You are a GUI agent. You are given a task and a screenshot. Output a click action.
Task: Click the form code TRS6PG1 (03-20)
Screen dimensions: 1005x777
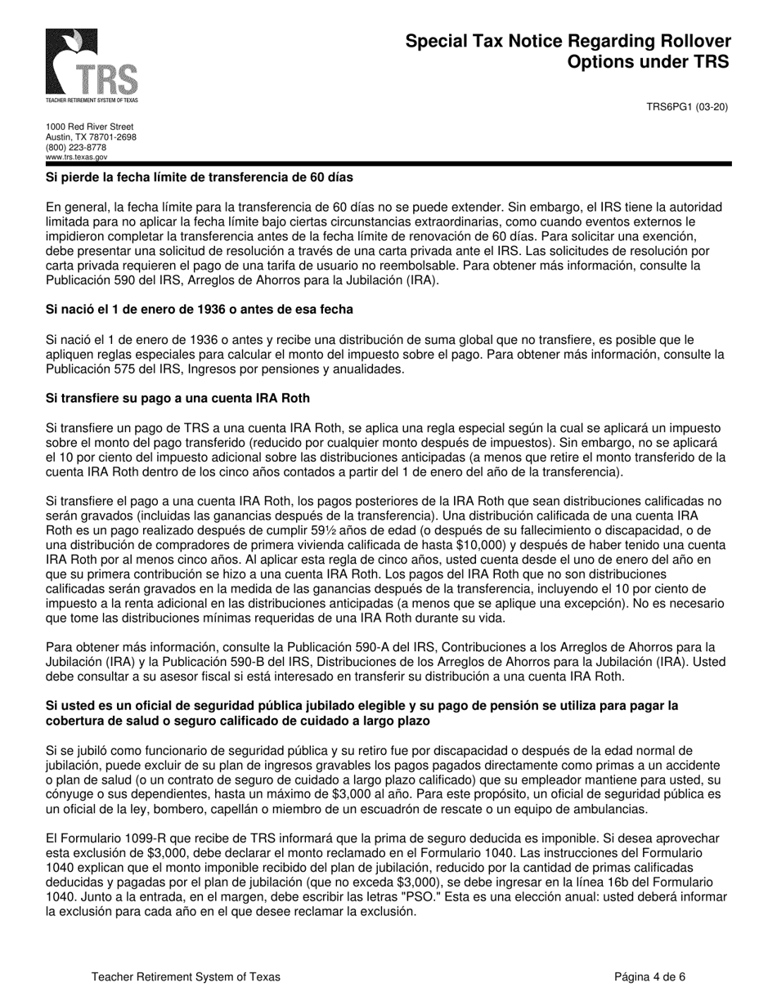pos(687,106)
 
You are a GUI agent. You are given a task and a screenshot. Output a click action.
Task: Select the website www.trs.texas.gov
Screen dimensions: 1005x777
pos(76,157)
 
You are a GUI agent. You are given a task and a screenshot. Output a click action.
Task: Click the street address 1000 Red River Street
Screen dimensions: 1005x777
pos(89,127)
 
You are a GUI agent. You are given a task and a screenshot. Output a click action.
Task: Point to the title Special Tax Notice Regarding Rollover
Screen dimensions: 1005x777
pos(568,42)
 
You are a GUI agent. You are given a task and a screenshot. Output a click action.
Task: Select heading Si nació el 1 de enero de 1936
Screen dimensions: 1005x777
pos(200,310)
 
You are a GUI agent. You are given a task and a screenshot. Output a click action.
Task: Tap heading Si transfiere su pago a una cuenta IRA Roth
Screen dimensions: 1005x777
pos(177,398)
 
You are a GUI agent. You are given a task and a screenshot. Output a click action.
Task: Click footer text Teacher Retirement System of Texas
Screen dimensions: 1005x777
pos(186,976)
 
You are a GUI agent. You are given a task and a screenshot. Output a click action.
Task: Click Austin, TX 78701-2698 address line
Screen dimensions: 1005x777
pos(91,137)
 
